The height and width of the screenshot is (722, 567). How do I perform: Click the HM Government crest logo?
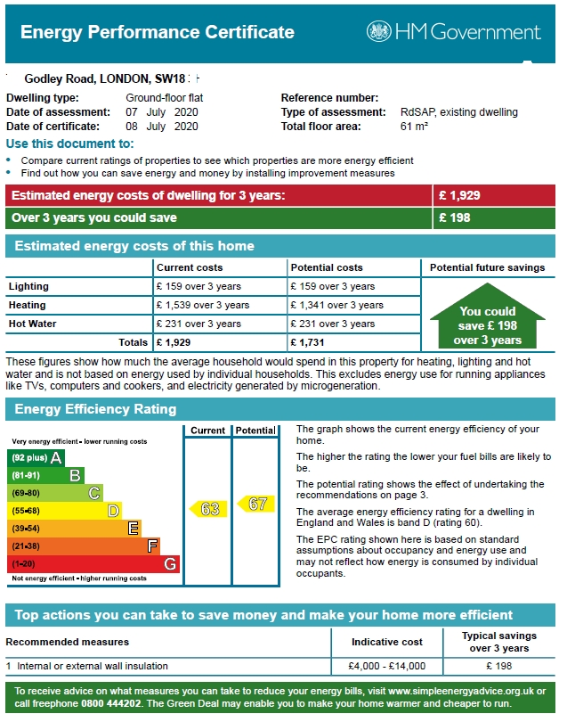(x=379, y=32)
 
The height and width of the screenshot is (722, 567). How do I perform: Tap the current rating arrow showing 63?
(x=207, y=509)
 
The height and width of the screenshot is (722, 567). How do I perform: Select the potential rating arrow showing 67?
(x=255, y=504)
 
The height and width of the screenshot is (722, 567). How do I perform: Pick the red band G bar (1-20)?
(x=93, y=564)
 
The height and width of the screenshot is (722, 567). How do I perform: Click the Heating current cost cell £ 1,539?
(x=203, y=305)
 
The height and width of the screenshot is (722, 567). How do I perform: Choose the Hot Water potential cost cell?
(x=332, y=324)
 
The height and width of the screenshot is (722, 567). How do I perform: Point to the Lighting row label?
(x=28, y=286)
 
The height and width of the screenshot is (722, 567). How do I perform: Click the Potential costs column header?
(x=327, y=267)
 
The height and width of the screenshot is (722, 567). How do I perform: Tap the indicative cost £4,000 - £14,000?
(x=388, y=666)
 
